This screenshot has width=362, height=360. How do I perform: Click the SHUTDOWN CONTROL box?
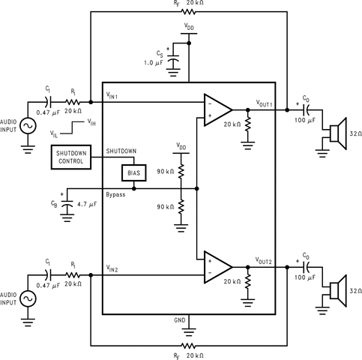click(x=71, y=158)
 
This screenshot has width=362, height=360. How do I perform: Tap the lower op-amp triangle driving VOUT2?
click(x=217, y=265)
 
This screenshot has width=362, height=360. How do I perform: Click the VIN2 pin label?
click(x=117, y=268)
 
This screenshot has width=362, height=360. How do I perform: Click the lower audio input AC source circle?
click(x=29, y=298)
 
